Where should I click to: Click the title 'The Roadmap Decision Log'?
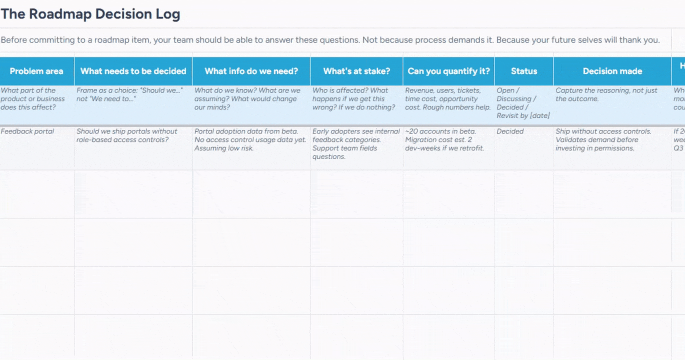90,14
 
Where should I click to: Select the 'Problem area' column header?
36,71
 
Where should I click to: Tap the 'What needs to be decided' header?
133,71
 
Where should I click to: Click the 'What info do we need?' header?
251,71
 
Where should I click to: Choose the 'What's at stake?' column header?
356,71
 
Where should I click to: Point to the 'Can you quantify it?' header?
448,71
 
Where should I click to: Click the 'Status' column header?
523,71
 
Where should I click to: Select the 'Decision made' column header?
612,71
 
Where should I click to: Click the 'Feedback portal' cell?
27,131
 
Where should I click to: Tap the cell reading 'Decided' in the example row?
510,131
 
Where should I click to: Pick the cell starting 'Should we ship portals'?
127,135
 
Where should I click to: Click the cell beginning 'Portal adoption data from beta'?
250,139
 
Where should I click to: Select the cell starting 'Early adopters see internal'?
356,144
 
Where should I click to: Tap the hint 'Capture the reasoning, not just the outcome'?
606,94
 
